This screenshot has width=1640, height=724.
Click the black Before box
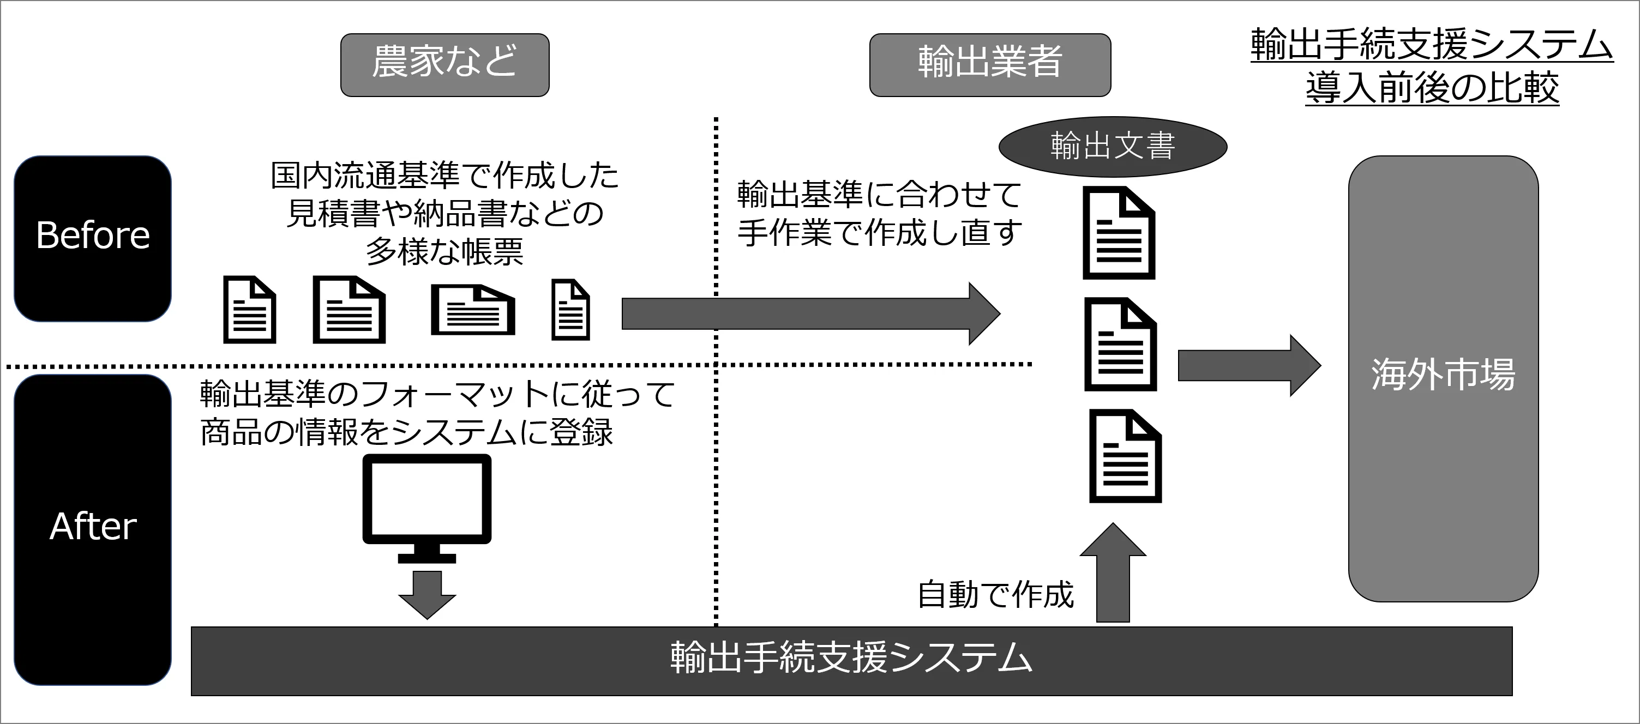[93, 239]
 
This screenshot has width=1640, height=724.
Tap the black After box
[93, 529]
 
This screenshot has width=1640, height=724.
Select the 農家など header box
[444, 65]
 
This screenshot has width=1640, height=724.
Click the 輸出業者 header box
[990, 65]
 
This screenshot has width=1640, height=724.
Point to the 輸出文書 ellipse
[1112, 146]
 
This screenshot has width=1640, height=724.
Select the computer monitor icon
[426, 507]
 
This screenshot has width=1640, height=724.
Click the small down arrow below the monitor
[426, 594]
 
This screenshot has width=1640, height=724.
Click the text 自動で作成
[995, 595]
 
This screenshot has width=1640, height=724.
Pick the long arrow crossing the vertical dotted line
[808, 313]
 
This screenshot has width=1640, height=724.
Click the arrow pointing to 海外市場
[1248, 366]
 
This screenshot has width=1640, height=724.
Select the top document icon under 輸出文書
[1119, 233]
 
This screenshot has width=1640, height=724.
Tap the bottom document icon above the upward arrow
[1125, 456]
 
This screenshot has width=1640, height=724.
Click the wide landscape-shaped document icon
[472, 310]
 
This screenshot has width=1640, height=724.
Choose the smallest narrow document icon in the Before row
[570, 310]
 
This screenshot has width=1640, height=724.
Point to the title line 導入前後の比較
[1432, 88]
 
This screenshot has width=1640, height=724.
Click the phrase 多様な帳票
[444, 252]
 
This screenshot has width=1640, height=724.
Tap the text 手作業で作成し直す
[879, 233]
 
